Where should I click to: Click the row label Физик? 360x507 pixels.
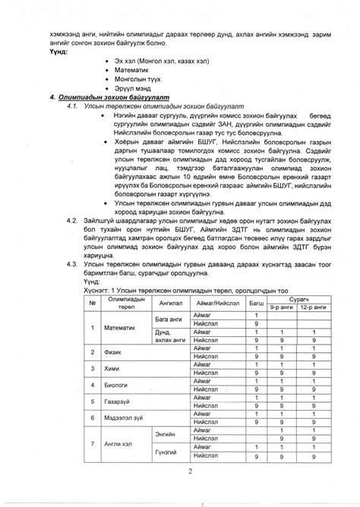112,352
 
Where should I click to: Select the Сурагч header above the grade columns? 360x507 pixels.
297,299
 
